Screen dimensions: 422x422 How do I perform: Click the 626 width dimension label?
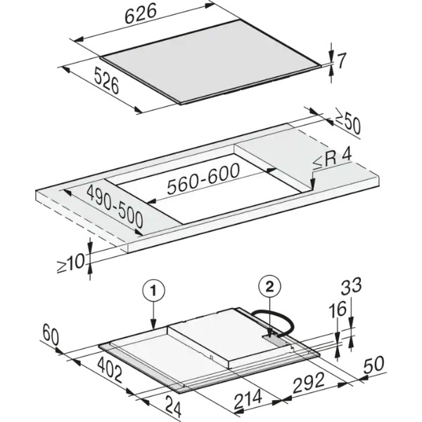tap(141, 13)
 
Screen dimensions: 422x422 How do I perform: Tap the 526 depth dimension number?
tap(107, 82)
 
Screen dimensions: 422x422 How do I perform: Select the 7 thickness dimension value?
tap(341, 60)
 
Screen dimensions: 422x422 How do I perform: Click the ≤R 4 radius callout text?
tap(332, 160)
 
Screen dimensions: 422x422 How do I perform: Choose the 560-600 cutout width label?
tap(203, 178)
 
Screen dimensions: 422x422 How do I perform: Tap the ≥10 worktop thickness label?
tap(71, 264)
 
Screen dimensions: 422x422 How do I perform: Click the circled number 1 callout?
tap(153, 291)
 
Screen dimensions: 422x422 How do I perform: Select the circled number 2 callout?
tap(269, 288)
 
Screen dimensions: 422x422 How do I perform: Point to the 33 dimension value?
tap(351, 286)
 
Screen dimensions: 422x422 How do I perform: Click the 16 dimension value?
tap(338, 309)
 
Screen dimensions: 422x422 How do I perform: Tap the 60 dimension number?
tap(51, 334)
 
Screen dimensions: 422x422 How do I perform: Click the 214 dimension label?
tap(248, 399)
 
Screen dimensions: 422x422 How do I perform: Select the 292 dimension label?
tap(309, 383)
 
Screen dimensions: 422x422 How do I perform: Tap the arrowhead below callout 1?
tap(153, 324)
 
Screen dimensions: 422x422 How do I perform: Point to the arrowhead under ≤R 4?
tap(312, 184)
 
